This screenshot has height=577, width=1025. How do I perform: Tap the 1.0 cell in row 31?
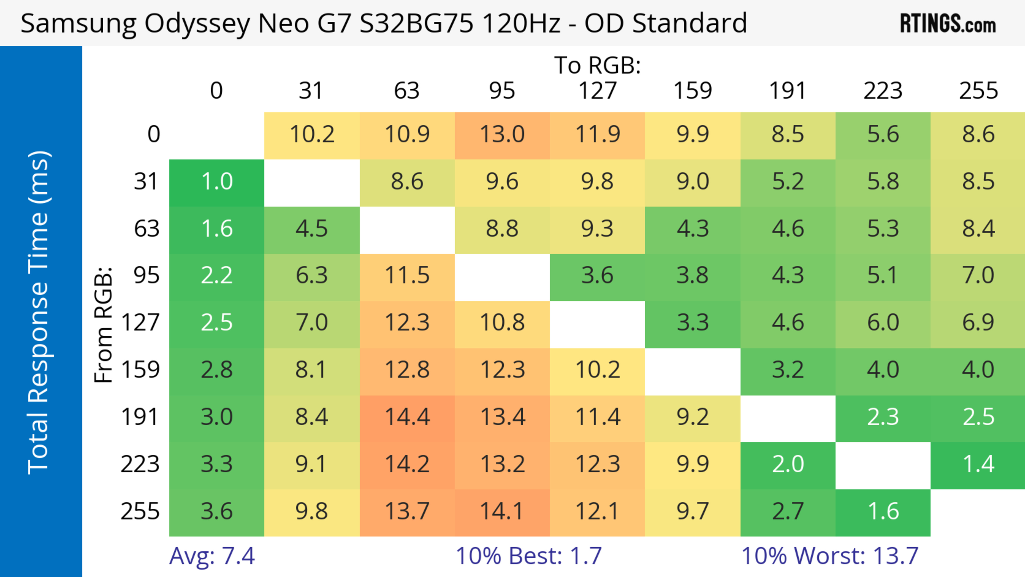pos(217,182)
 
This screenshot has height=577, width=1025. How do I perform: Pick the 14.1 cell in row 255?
pos(502,511)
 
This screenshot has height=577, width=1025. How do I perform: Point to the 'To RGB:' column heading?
pos(597,65)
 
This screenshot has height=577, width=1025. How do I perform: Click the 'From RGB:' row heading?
pos(104,324)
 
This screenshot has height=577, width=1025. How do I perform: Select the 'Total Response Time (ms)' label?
pos(39,312)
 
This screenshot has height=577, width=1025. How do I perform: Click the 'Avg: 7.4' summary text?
pos(212,556)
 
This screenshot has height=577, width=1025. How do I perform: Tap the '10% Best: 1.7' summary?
pos(529,556)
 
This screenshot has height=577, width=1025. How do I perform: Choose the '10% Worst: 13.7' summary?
pos(830,556)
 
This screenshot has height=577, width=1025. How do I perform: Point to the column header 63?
pos(407,91)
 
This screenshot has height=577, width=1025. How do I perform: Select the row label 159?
pos(140,370)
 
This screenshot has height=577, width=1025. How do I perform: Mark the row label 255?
pos(140,511)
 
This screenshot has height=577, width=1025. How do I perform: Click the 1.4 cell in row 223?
pos(978,464)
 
